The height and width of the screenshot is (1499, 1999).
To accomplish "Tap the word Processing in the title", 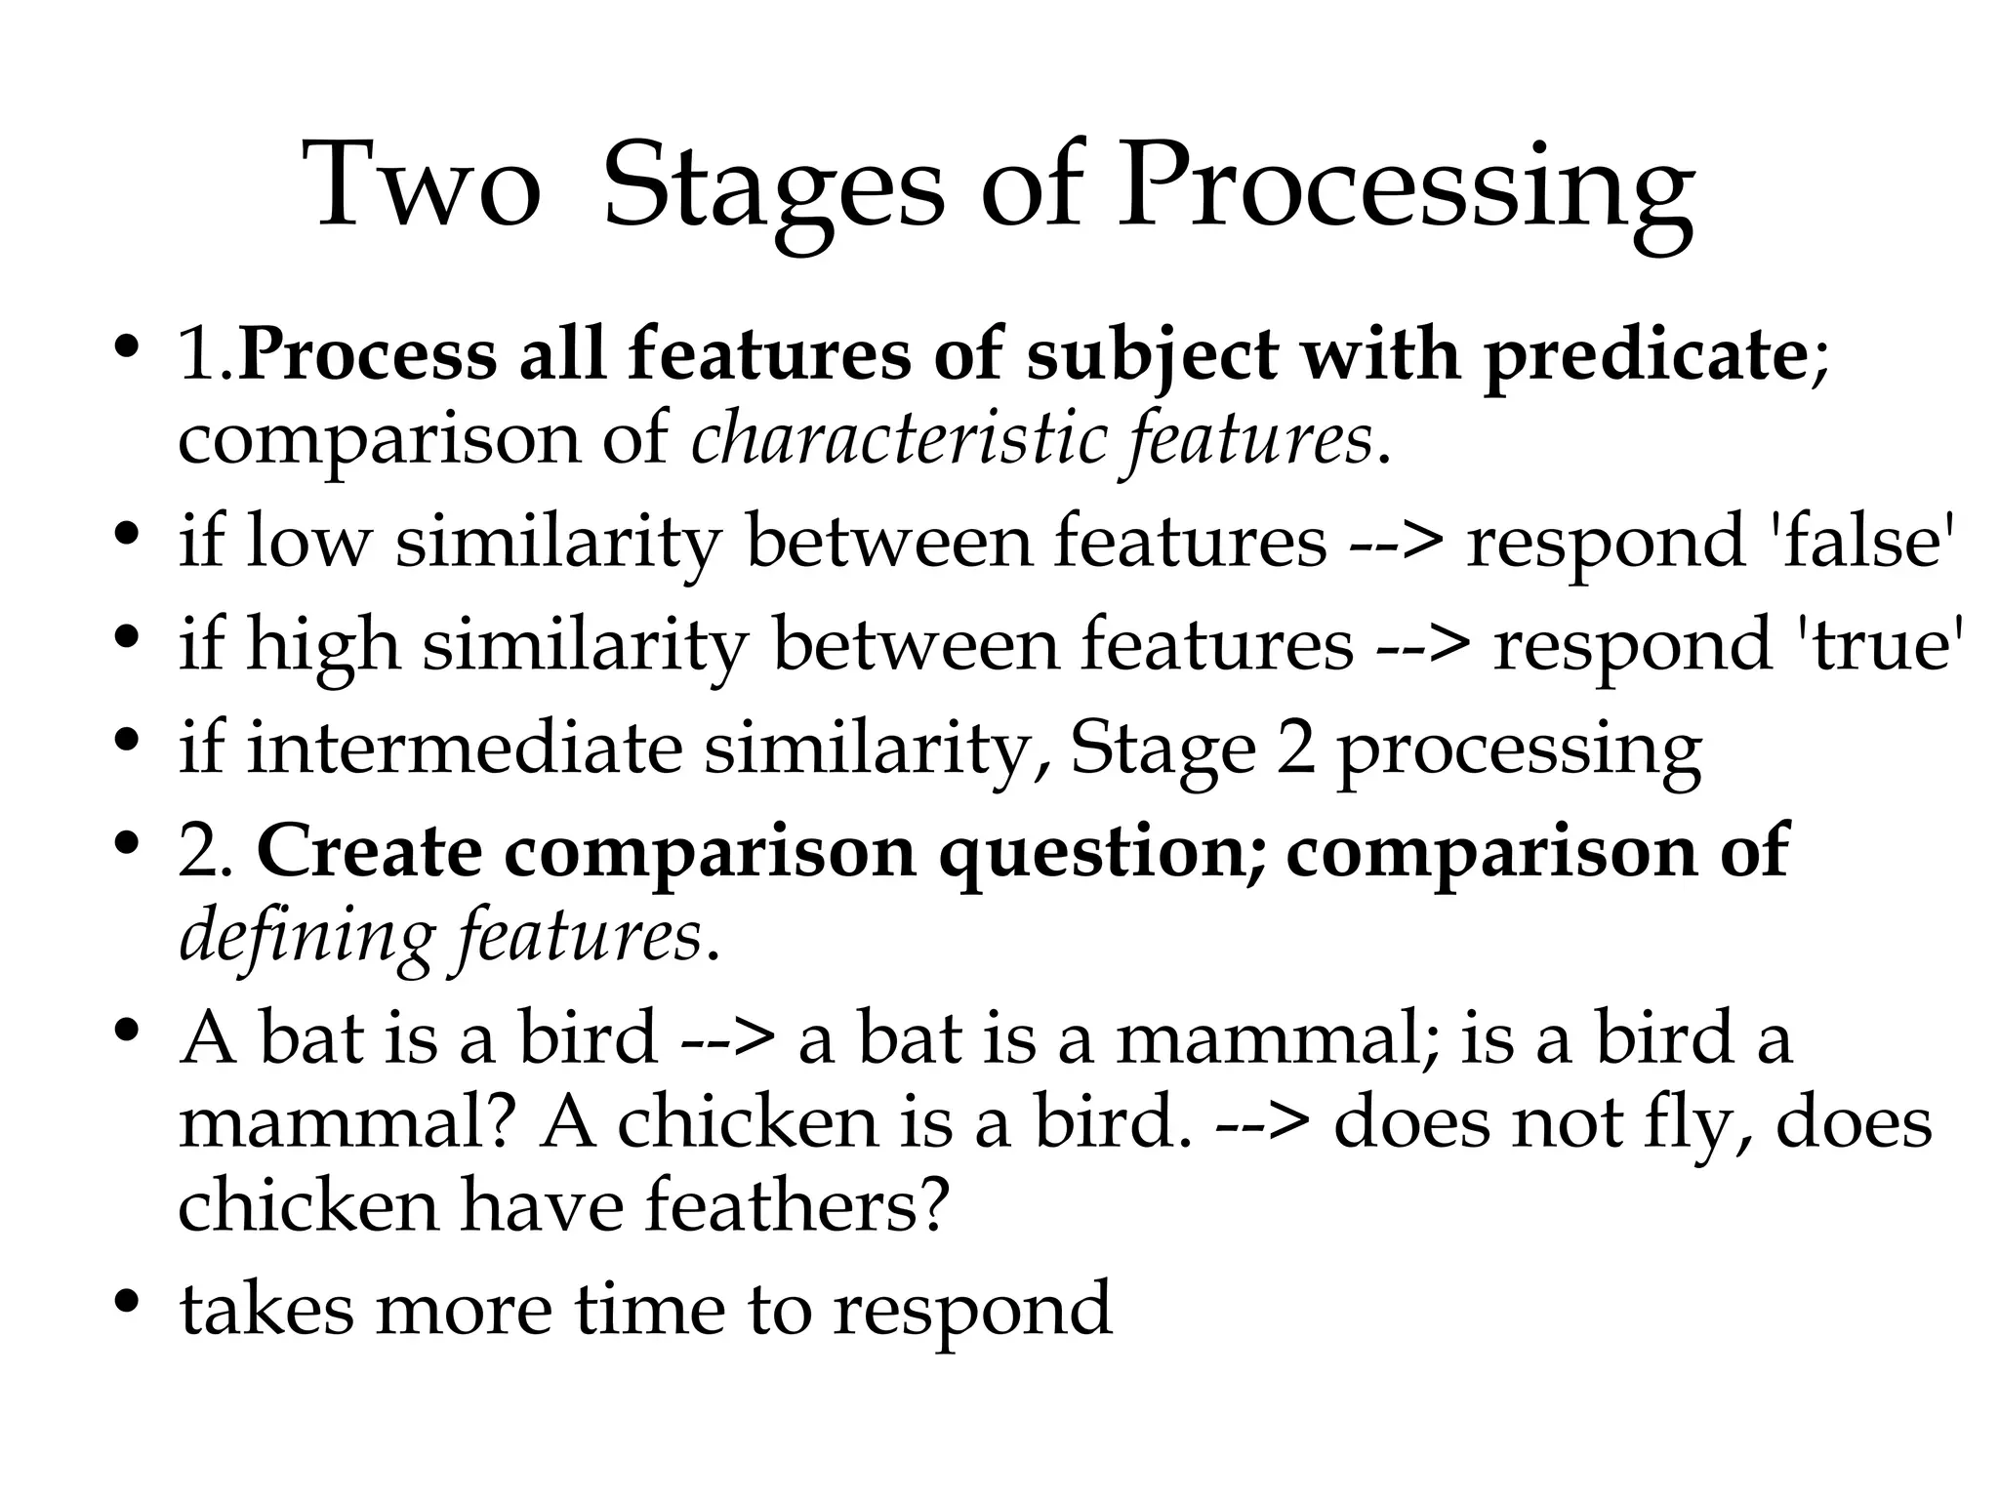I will coord(1406,190).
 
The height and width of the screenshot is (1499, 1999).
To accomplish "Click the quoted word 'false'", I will coord(1860,542).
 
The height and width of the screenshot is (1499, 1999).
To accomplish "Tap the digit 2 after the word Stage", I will coord(1295,749).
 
